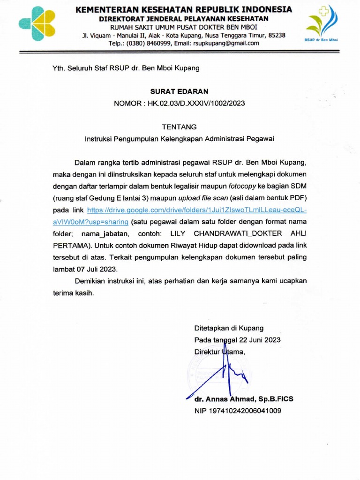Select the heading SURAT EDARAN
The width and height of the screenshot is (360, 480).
pos(180,91)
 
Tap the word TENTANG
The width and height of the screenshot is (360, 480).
pos(180,127)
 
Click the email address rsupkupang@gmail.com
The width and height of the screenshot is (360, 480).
pos(226,43)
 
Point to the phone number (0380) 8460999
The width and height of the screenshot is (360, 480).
pos(150,43)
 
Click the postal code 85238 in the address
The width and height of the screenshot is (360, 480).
pos(276,35)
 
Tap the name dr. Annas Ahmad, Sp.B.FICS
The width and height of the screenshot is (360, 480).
pos(244,399)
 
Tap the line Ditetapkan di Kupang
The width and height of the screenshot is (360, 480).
pos(229,328)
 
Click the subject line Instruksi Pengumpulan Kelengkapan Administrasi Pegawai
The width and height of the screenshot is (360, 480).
pos(179,139)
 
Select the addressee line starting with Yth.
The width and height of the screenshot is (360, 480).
pos(126,68)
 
